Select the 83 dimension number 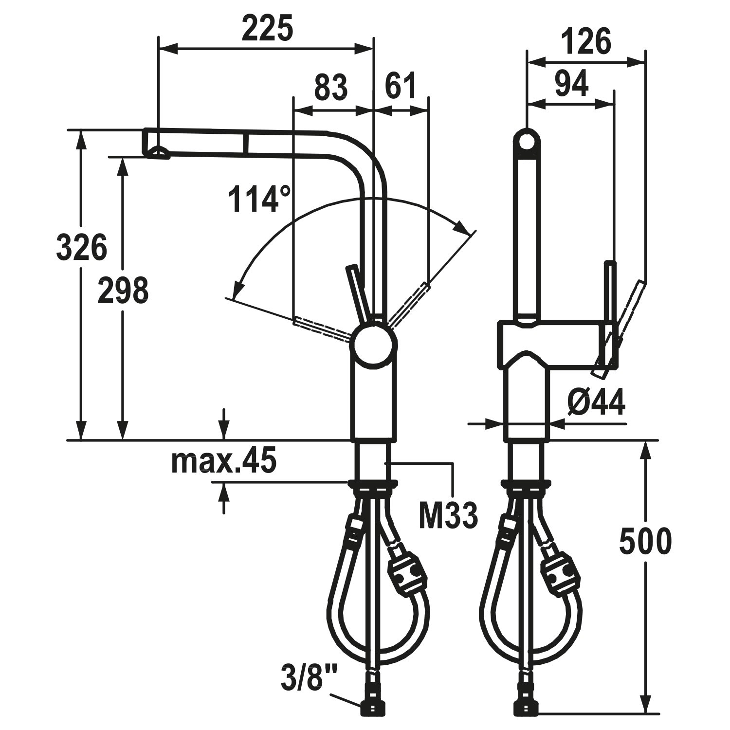(331, 87)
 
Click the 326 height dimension (81, 247)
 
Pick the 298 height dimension (122, 290)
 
